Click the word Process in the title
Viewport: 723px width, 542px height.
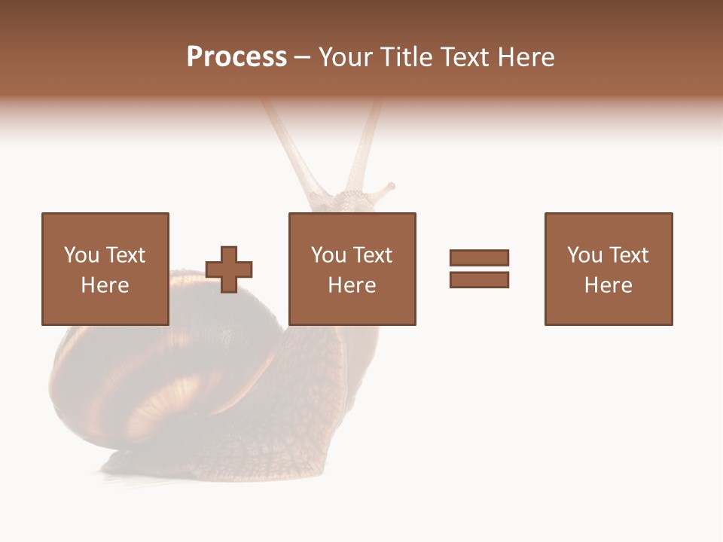(x=236, y=56)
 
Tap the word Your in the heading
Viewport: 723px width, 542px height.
(x=344, y=57)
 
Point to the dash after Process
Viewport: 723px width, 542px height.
(x=302, y=58)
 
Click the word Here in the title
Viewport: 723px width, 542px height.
(x=526, y=57)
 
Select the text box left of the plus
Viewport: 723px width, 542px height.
(x=105, y=269)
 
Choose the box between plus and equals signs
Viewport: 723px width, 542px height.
(x=352, y=269)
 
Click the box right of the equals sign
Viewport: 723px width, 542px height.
(x=608, y=269)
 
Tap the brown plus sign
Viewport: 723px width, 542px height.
(x=229, y=269)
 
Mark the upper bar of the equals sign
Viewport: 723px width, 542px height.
(x=479, y=257)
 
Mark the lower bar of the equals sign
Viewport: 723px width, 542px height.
(x=479, y=279)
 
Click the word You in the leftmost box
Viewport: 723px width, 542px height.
(x=81, y=255)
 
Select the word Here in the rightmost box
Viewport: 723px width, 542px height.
(x=608, y=285)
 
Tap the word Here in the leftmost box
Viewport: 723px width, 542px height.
(x=105, y=285)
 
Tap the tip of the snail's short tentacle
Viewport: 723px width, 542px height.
(x=391, y=184)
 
